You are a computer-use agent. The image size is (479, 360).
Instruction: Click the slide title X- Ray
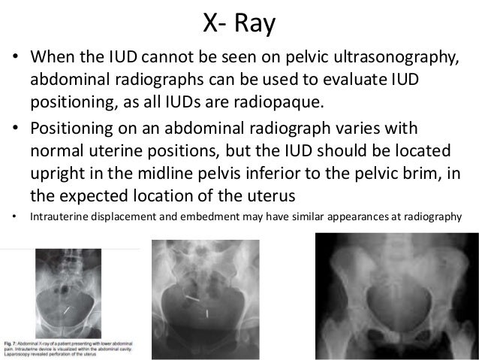tap(239, 23)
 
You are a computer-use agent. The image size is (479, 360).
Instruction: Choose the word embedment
tap(191, 218)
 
